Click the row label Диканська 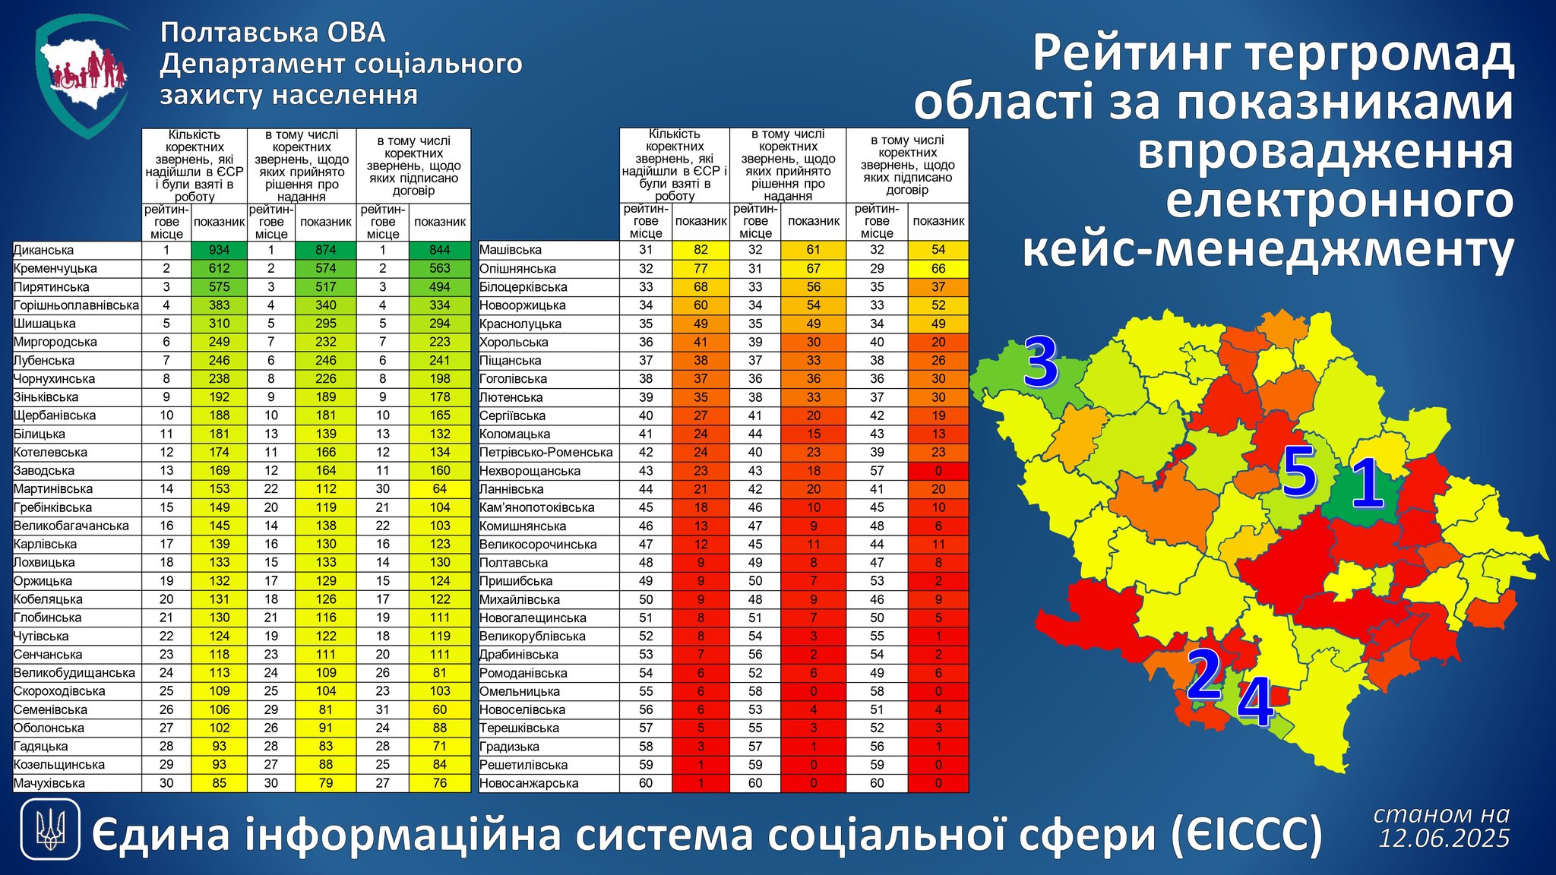[x=43, y=250]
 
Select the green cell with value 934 [x=220, y=250]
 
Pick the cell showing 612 [x=220, y=268]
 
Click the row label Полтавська [x=513, y=563]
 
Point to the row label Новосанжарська [x=529, y=783]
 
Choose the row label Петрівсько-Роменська [x=546, y=453]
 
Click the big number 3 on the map [x=1041, y=362]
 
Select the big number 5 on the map [x=1299, y=472]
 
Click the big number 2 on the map [x=1203, y=673]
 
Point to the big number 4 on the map [x=1255, y=703]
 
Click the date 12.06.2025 [x=1444, y=839]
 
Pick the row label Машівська [x=510, y=250]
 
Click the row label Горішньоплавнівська [x=76, y=305]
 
